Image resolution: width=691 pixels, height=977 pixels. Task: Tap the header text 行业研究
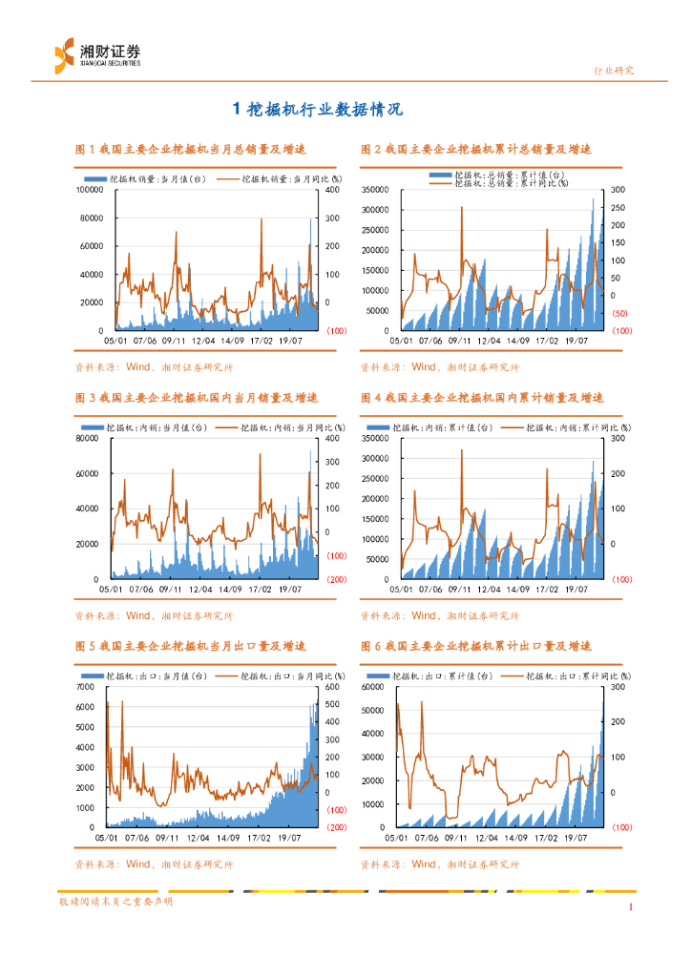click(x=614, y=71)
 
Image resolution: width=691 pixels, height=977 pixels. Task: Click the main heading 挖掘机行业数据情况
click(x=319, y=110)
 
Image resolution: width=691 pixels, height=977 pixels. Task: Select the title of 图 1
click(x=191, y=149)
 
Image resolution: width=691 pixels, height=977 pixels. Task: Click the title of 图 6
click(x=476, y=646)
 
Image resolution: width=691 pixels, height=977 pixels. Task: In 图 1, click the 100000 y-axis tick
click(x=90, y=190)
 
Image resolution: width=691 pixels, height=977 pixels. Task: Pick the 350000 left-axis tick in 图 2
click(x=375, y=190)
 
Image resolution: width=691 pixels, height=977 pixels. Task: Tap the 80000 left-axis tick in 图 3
click(x=92, y=439)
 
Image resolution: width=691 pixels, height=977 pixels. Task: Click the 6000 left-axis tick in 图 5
click(x=95, y=687)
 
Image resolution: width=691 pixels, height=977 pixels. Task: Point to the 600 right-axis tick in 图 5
click(x=333, y=687)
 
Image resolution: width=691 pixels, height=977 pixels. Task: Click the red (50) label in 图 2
click(x=619, y=313)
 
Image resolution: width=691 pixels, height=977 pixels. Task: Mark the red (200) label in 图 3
click(x=336, y=578)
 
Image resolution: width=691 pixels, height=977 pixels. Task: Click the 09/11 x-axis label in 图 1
click(x=174, y=340)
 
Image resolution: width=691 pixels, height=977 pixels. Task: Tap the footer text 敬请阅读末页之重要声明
click(x=115, y=902)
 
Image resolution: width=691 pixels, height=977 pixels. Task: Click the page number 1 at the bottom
click(x=631, y=906)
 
